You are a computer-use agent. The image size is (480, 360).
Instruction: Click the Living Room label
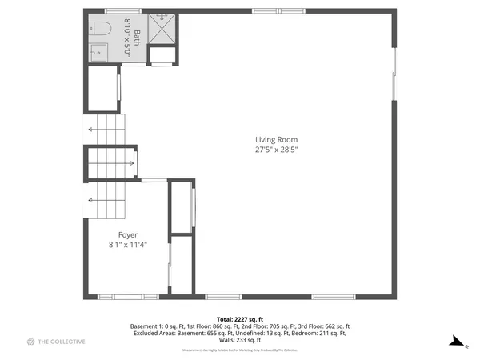(x=276, y=139)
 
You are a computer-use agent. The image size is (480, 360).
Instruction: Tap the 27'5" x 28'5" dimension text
(x=276, y=149)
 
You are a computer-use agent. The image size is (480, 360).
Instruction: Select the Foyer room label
(x=128, y=234)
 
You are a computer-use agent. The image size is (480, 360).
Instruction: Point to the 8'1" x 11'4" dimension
(x=128, y=244)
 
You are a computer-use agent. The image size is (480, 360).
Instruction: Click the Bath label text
(x=136, y=36)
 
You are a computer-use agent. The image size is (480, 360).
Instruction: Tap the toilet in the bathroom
(x=101, y=28)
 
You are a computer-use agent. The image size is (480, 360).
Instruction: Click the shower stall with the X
(x=163, y=26)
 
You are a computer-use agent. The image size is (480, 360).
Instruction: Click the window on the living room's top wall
(x=266, y=10)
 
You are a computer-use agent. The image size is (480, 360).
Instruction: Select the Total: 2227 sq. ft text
(x=239, y=318)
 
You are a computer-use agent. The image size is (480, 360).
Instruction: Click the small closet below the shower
(x=162, y=56)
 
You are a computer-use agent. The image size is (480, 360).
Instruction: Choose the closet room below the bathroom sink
(x=102, y=89)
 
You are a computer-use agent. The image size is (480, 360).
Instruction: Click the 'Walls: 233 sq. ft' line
(x=239, y=340)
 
